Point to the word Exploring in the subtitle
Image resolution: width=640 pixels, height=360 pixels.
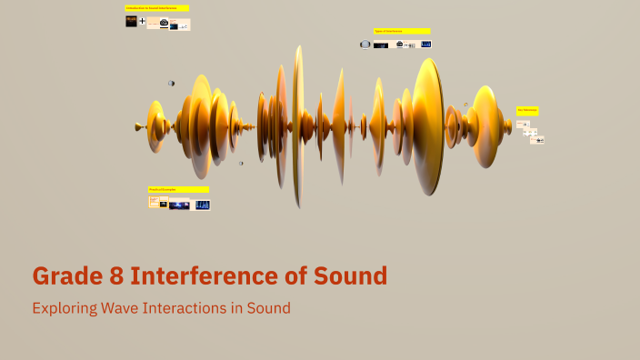[65, 308]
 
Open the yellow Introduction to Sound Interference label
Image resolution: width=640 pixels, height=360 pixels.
[157, 8]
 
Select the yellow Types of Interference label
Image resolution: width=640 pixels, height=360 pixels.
[401, 31]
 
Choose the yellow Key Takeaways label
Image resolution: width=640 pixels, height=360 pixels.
[527, 110]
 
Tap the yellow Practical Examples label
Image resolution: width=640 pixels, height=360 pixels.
[178, 190]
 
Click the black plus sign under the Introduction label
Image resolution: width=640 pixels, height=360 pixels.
[142, 21]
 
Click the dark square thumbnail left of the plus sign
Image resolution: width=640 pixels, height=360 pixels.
[131, 21]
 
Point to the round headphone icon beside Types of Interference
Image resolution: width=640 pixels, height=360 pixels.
[365, 44]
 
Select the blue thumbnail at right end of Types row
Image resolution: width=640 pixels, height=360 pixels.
[425, 44]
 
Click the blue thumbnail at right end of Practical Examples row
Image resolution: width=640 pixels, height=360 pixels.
[202, 205]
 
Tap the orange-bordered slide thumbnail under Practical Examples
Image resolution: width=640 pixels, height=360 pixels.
[154, 202]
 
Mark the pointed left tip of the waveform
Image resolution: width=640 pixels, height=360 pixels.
[137, 126]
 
